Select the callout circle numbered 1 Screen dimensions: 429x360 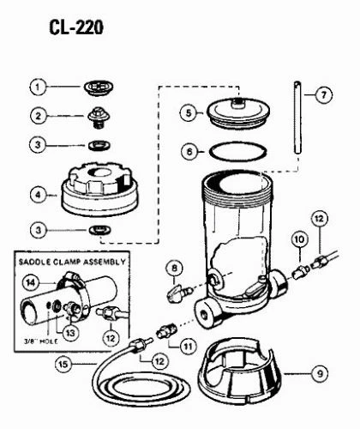[37, 87]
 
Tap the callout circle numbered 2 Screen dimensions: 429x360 [37, 116]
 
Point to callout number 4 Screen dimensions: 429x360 [37, 195]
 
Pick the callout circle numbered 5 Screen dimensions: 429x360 [189, 112]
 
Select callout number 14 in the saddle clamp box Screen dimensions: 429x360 [31, 281]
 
